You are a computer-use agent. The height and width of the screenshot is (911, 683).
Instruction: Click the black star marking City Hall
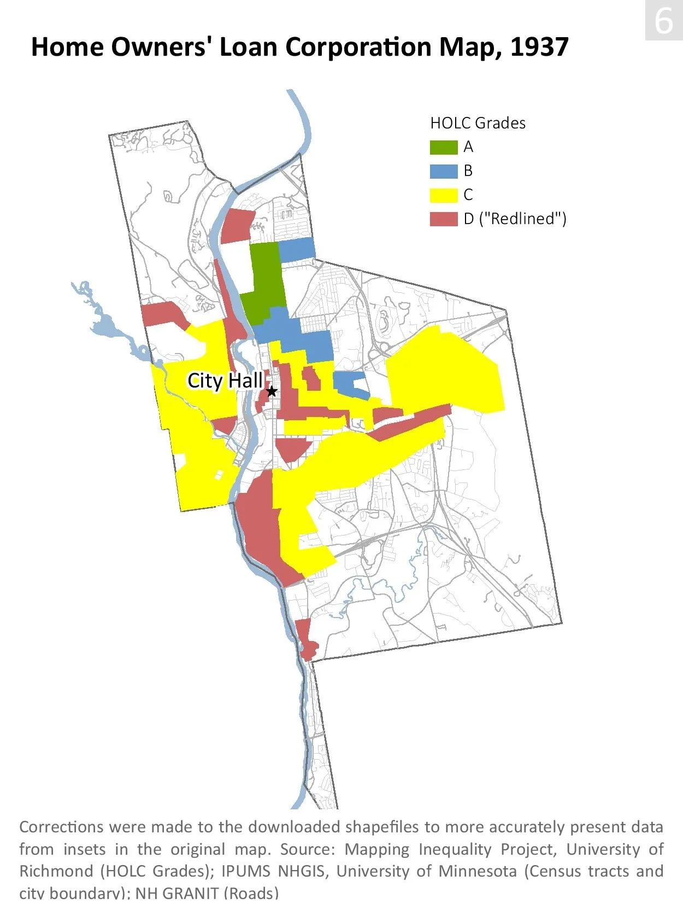272,391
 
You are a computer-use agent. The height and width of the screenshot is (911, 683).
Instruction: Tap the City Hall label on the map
225,380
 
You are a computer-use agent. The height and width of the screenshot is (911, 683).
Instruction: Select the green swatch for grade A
443,147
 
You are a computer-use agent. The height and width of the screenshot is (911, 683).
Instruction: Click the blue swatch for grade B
443,171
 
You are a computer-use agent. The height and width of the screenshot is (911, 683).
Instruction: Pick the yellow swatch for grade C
443,195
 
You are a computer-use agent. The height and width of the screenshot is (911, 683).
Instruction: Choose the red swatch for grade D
443,219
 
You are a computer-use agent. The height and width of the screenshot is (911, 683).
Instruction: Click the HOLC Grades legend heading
478,123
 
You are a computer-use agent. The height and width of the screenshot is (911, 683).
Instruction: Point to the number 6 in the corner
663,21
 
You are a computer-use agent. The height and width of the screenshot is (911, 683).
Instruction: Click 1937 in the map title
539,47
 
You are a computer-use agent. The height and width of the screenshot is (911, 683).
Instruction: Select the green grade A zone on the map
265,281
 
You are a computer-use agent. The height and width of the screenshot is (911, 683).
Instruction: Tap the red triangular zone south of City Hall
294,449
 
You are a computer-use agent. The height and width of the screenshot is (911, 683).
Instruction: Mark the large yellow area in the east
445,372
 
